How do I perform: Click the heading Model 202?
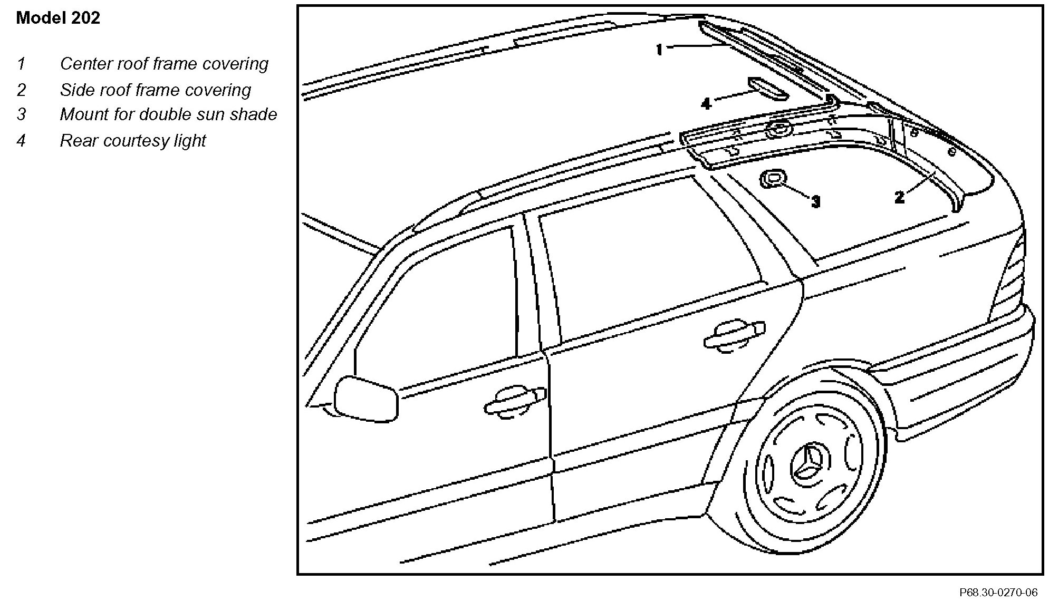pos(58,18)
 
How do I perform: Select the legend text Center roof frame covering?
pos(164,64)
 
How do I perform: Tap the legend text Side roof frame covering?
pos(155,90)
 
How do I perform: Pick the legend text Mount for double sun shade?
pos(168,114)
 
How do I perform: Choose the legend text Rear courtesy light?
pos(132,141)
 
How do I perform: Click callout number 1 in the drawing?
pos(659,50)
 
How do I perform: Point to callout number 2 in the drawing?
pos(900,198)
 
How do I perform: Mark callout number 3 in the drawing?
pos(815,201)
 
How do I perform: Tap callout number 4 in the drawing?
pos(706,103)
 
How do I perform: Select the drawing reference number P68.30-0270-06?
pos(998,593)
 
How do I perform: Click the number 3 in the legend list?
pos(21,114)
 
